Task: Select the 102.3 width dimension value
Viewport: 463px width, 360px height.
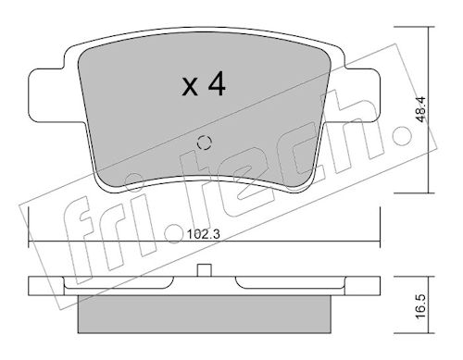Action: pos(204,235)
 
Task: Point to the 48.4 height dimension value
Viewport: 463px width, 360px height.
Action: pos(420,109)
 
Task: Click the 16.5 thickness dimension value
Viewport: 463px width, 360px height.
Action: pos(420,306)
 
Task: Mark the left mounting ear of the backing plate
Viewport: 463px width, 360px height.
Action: pos(46,95)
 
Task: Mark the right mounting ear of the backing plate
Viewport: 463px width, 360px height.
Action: pos(362,95)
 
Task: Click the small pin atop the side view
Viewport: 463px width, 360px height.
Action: pos(204,270)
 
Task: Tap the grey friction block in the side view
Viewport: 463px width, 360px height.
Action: pos(204,314)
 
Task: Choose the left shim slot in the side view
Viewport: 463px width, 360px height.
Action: pos(119,283)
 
